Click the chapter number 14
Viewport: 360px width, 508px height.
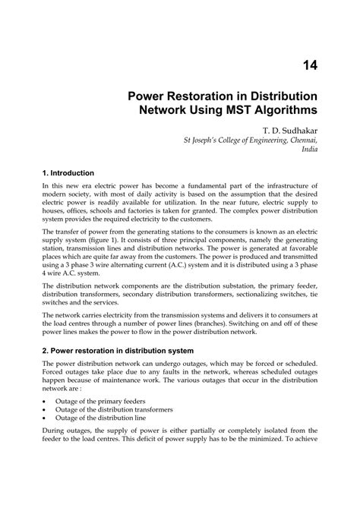click(309, 67)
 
